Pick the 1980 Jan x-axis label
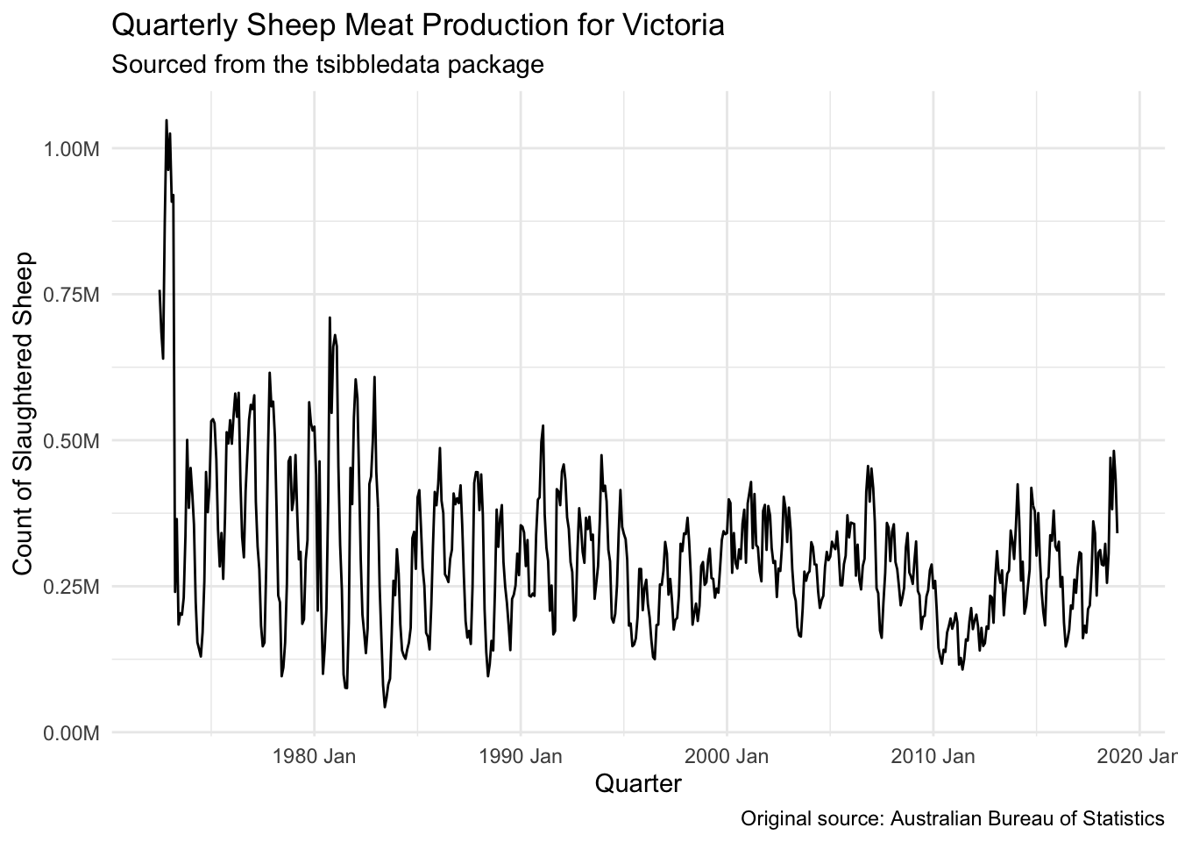314,756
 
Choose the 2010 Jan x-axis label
933,756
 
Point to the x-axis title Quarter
637,783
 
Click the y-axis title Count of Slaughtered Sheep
24,414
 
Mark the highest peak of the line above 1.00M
166,120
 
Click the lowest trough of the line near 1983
385,707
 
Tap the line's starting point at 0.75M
160,290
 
